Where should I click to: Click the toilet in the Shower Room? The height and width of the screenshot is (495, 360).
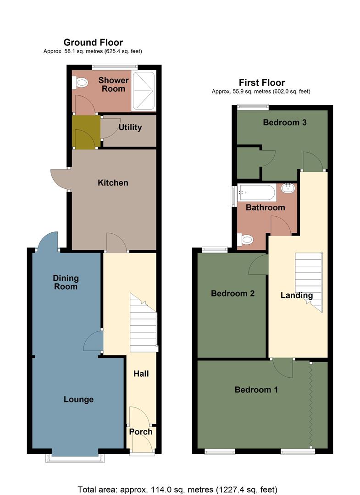click(x=80, y=83)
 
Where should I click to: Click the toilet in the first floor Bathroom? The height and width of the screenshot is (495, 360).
click(x=246, y=239)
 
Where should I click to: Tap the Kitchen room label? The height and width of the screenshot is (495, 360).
click(x=113, y=183)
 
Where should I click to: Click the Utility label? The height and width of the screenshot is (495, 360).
click(x=130, y=127)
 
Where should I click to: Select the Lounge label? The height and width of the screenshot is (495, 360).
click(x=78, y=400)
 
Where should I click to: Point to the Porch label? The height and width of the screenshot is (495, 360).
click(x=141, y=432)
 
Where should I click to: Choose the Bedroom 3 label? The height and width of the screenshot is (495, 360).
click(x=284, y=122)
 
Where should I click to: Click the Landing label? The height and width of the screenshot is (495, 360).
click(x=297, y=296)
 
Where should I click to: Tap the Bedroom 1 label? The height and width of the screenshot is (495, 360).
click(x=256, y=390)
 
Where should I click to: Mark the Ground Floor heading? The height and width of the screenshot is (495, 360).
click(x=93, y=43)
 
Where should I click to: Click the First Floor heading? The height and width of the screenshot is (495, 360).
click(x=262, y=82)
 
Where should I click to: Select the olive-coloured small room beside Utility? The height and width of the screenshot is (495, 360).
click(x=86, y=132)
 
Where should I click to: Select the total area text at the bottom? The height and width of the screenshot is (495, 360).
click(x=177, y=489)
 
